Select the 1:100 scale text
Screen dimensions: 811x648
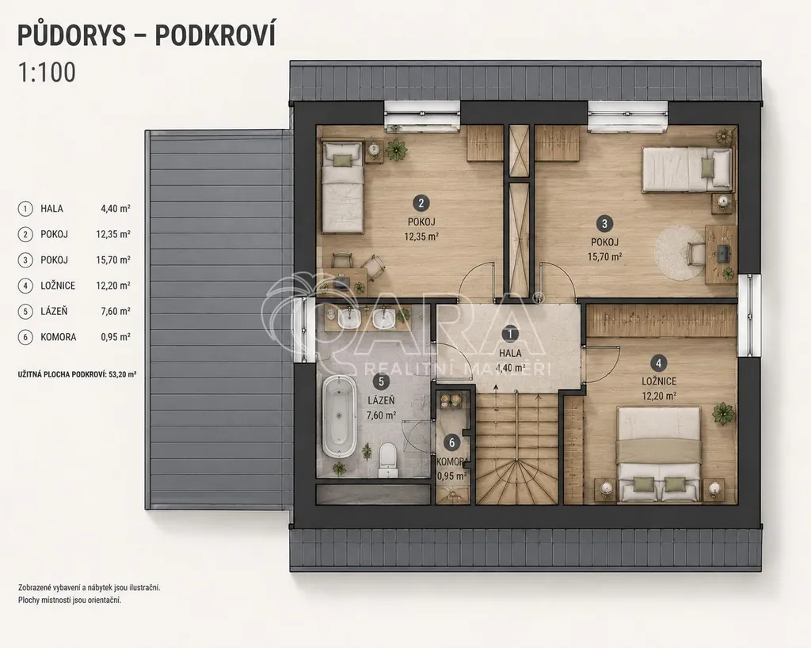point(47,72)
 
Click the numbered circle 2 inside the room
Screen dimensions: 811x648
point(421,203)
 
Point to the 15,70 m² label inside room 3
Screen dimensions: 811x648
point(604,256)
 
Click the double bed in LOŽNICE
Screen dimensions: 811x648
point(659,453)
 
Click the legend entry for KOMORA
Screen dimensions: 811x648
point(74,337)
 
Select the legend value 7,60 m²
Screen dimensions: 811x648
point(116,312)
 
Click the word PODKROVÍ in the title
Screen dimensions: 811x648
point(215,35)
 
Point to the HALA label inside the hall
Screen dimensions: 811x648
point(510,354)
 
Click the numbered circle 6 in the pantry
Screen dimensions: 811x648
point(452,443)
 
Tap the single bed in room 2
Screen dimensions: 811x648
point(342,187)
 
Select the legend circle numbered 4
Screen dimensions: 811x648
point(25,286)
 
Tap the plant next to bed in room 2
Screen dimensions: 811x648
point(396,150)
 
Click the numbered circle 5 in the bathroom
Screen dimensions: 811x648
point(381,382)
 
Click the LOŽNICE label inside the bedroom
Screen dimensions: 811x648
point(659,381)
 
